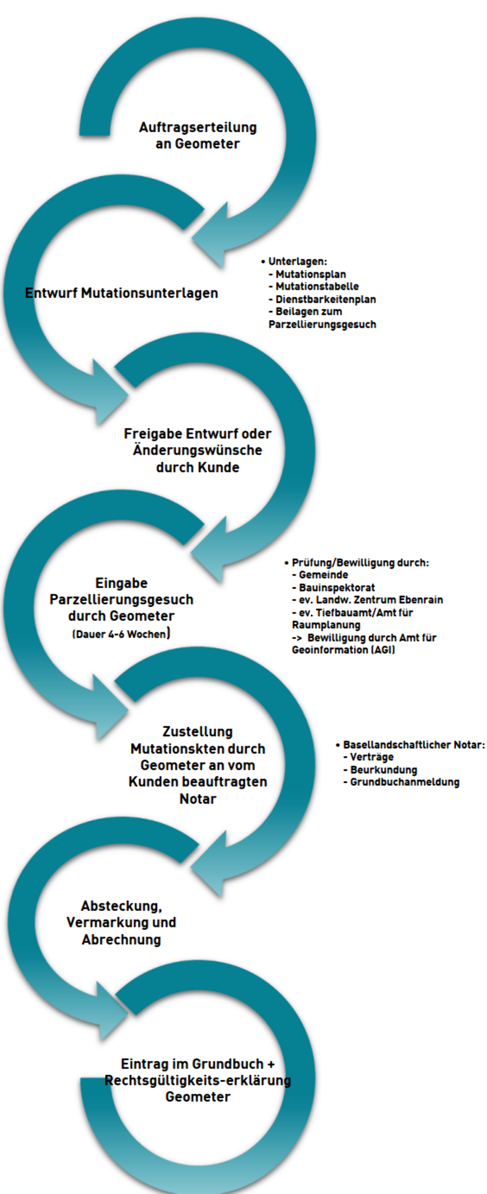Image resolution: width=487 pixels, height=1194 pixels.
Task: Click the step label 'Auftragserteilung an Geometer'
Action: [197, 136]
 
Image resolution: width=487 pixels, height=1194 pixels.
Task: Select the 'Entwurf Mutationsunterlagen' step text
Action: [122, 293]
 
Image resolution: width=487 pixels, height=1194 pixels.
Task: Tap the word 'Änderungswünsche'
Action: [197, 450]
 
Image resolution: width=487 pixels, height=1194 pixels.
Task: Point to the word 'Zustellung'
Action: [197, 731]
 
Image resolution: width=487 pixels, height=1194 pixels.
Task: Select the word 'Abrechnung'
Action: [121, 940]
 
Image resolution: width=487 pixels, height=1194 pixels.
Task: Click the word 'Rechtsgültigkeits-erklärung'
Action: [198, 1080]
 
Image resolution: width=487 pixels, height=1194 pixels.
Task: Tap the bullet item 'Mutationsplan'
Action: [311, 274]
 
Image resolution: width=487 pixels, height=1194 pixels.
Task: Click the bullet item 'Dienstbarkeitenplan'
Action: [325, 300]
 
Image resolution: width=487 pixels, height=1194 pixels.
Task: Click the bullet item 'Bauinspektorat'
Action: [337, 588]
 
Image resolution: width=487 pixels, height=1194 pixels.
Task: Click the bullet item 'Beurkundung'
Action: [383, 770]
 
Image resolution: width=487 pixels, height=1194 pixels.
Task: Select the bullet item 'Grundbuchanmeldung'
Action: [404, 782]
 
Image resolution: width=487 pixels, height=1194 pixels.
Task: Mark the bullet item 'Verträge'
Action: [371, 757]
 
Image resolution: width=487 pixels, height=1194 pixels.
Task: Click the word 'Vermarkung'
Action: [108, 922]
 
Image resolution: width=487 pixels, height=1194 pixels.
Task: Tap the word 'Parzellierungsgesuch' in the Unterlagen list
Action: [322, 325]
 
